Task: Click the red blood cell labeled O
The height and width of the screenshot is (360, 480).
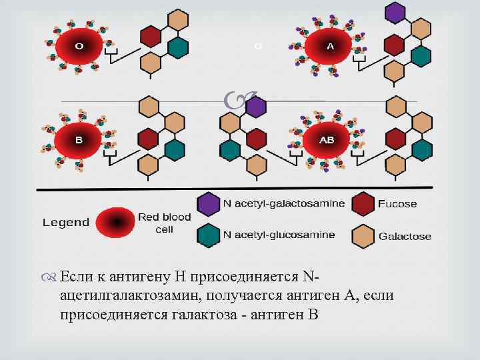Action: (x=79, y=46)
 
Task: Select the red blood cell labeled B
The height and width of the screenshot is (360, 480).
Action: (x=79, y=141)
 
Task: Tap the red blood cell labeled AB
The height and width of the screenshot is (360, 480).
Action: (x=327, y=140)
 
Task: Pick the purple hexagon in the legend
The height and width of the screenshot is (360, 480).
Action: (x=209, y=205)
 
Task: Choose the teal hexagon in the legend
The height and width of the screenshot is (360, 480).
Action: (x=209, y=235)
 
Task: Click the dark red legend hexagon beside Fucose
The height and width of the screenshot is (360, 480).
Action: (x=363, y=204)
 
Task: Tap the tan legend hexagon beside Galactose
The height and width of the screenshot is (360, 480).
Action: (x=363, y=235)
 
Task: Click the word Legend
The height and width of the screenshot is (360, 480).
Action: (x=65, y=222)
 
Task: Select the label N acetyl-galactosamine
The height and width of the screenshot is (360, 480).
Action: (x=284, y=203)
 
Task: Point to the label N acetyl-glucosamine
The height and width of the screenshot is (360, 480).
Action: (x=279, y=235)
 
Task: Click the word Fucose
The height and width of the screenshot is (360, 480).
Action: (x=397, y=204)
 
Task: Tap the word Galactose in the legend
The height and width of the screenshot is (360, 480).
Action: (x=405, y=236)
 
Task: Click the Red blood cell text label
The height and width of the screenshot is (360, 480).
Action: (x=164, y=223)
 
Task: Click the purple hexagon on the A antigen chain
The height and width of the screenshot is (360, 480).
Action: (x=396, y=12)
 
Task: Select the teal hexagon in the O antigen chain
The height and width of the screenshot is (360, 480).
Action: (x=178, y=47)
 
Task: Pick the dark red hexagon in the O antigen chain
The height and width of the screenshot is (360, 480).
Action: (x=151, y=37)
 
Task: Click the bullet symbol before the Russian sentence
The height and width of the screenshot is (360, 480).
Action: (x=51, y=277)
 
